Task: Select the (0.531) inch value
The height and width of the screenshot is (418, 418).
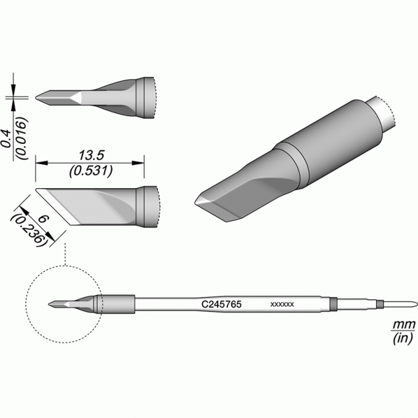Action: [91, 171]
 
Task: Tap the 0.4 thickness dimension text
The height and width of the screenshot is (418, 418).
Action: [6, 139]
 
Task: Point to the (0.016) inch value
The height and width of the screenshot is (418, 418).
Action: [22, 138]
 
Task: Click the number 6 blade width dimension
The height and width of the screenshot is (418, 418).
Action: [43, 219]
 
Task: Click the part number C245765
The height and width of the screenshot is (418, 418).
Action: [221, 304]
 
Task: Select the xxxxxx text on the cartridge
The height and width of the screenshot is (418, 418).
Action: [282, 304]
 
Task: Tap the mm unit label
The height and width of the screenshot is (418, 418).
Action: [404, 325]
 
